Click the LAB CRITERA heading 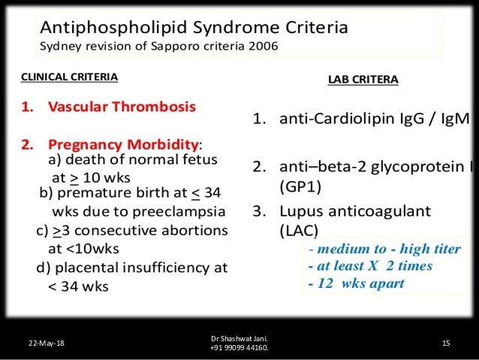pyautogui.click(x=363, y=78)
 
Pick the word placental pyautogui.click(x=91, y=267)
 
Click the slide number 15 pyautogui.click(x=446, y=343)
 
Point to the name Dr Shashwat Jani pyautogui.click(x=239, y=338)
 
